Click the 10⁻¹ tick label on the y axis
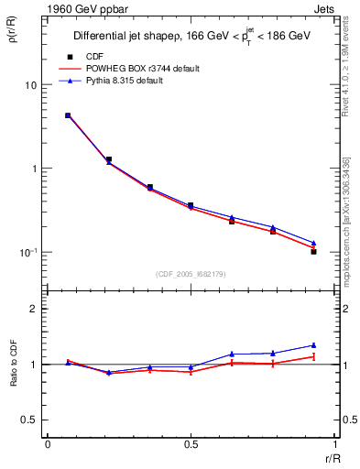point(27,251)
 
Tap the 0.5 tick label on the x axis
point(190,444)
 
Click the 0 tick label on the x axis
point(48,444)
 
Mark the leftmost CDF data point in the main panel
point(68,115)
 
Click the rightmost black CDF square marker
point(313,251)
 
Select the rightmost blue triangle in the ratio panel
point(313,345)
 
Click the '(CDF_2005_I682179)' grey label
point(190,273)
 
